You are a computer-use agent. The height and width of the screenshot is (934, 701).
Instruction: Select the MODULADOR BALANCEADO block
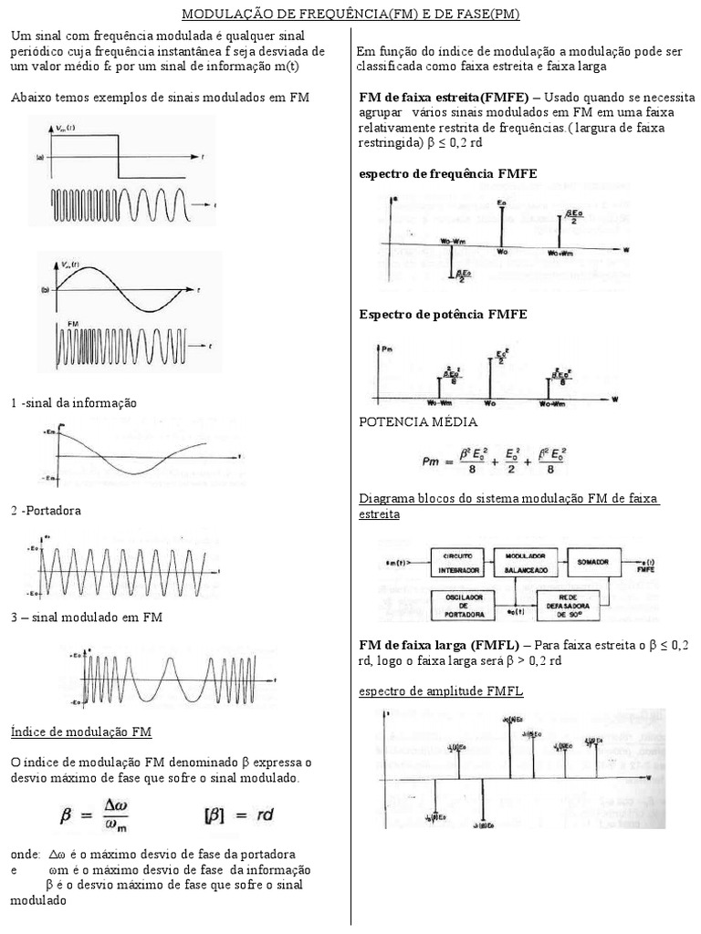(525, 562)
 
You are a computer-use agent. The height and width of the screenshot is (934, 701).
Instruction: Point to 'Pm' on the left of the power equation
(432, 462)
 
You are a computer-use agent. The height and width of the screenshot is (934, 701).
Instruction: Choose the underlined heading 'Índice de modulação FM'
(81, 732)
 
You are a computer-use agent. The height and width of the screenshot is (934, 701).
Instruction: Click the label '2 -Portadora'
(47, 511)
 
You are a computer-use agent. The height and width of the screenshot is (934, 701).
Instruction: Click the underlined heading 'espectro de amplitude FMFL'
(441, 691)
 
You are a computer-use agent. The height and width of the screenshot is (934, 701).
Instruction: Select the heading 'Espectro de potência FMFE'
(443, 314)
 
